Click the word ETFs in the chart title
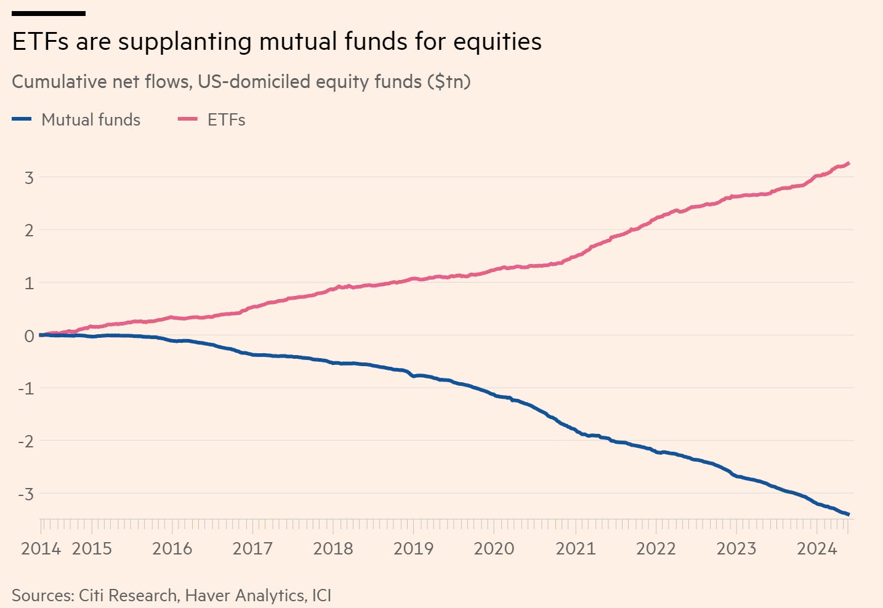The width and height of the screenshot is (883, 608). tap(40, 42)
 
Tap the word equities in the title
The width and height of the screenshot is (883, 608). tap(498, 42)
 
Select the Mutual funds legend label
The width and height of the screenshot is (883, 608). tap(91, 119)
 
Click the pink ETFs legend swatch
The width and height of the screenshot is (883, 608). tap(187, 119)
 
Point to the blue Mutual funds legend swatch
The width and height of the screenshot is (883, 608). tap(22, 119)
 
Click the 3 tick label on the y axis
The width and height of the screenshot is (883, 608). tap(29, 178)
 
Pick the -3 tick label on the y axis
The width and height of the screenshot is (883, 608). tap(25, 494)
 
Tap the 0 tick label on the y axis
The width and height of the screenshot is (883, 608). tap(29, 336)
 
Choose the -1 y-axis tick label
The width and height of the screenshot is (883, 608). tap(25, 389)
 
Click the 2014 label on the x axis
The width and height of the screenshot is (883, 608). tap(41, 548)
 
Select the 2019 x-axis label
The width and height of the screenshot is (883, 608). tap(413, 548)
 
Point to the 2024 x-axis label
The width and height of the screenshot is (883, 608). tap(816, 548)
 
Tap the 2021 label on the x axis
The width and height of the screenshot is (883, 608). tap(575, 548)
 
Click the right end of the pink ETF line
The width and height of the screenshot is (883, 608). tap(849, 163)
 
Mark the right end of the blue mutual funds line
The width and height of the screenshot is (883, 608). tap(849, 514)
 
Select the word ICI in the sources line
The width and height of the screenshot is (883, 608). tap(321, 596)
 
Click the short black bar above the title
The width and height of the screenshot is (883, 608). tap(49, 13)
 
